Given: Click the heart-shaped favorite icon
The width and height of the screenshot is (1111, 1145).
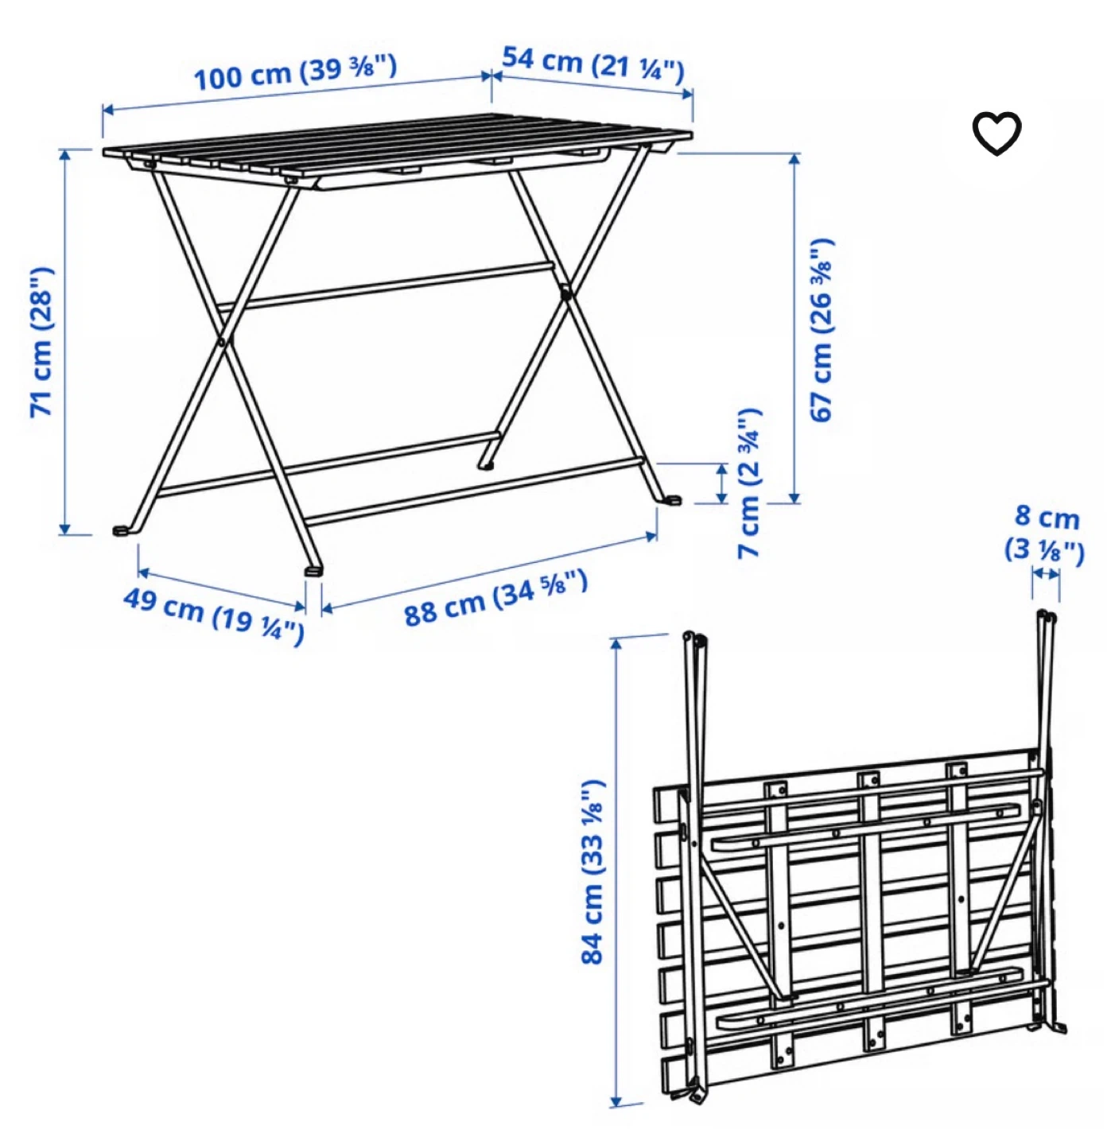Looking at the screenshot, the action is pyautogui.click(x=996, y=133).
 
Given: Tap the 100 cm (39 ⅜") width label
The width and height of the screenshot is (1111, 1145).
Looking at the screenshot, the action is pyautogui.click(x=295, y=72).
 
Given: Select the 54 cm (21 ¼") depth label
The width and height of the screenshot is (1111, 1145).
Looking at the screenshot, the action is pyautogui.click(x=593, y=66).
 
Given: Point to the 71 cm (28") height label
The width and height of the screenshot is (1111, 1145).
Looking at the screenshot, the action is pyautogui.click(x=42, y=342).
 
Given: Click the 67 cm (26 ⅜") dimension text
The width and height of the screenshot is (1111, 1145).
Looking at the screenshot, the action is pyautogui.click(x=822, y=329).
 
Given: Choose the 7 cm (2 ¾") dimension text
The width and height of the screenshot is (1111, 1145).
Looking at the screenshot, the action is pyautogui.click(x=749, y=483).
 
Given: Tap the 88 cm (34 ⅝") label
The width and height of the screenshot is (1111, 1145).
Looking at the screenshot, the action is pyautogui.click(x=495, y=598).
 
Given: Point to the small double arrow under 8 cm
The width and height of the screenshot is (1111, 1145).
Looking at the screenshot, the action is pyautogui.click(x=1045, y=573).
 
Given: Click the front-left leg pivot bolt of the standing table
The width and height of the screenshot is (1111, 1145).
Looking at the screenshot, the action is pyautogui.click(x=221, y=342).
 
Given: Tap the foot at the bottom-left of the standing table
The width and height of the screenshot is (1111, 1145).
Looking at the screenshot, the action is pyautogui.click(x=122, y=530).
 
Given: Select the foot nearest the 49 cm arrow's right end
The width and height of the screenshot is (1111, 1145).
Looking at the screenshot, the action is pyautogui.click(x=313, y=570).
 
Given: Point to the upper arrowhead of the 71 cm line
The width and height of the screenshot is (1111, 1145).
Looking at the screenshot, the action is pyautogui.click(x=64, y=155).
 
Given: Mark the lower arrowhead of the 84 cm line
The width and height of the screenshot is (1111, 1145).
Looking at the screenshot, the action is pyautogui.click(x=616, y=1100).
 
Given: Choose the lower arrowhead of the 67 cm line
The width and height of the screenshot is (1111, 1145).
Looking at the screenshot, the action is pyautogui.click(x=794, y=497).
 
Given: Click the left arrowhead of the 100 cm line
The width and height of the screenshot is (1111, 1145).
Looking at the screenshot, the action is pyautogui.click(x=109, y=110).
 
